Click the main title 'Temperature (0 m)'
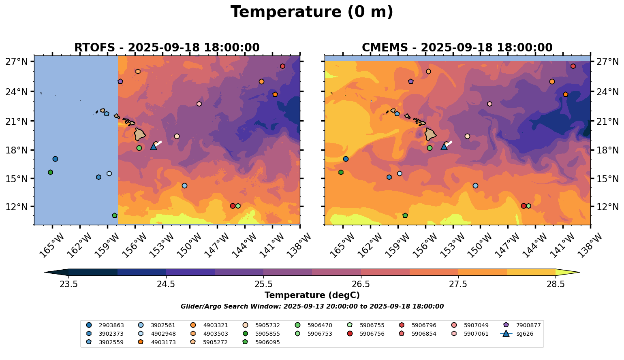(x=312, y=12)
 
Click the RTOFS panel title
(x=167, y=48)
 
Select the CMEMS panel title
(x=457, y=48)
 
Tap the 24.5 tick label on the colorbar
(x=166, y=284)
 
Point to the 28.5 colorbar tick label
(x=556, y=284)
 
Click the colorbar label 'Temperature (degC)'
(x=312, y=295)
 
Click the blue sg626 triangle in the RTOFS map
(x=154, y=147)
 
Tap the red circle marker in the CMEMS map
(x=524, y=206)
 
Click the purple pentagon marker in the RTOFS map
(x=120, y=81)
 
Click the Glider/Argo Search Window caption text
(x=312, y=307)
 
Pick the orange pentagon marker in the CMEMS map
(x=566, y=94)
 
